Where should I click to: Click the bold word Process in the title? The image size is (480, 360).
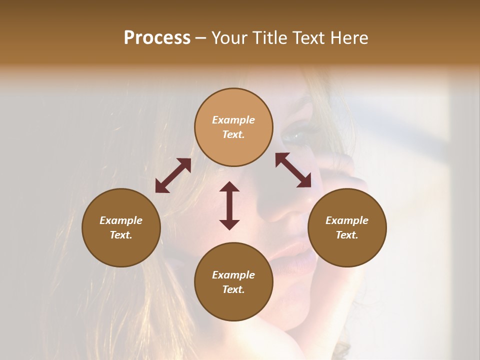coord(157,37)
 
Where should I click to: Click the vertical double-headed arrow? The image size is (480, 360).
coord(229,205)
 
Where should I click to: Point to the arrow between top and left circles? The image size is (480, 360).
coord(173,175)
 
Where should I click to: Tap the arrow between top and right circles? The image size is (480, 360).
coord(293,170)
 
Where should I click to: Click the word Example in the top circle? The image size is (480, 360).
coord(233,120)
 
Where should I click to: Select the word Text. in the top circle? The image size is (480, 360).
coord(233,134)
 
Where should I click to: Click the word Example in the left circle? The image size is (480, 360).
coord(121,220)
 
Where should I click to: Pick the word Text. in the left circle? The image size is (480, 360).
coord(121,235)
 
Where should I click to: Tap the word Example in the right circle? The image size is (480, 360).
coord(347,220)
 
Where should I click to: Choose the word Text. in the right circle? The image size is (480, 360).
coord(347,235)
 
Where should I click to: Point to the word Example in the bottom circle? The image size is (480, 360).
coord(233,275)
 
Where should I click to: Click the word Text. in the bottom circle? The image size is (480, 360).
coord(233,289)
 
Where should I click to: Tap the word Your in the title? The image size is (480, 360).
coord(228,37)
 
